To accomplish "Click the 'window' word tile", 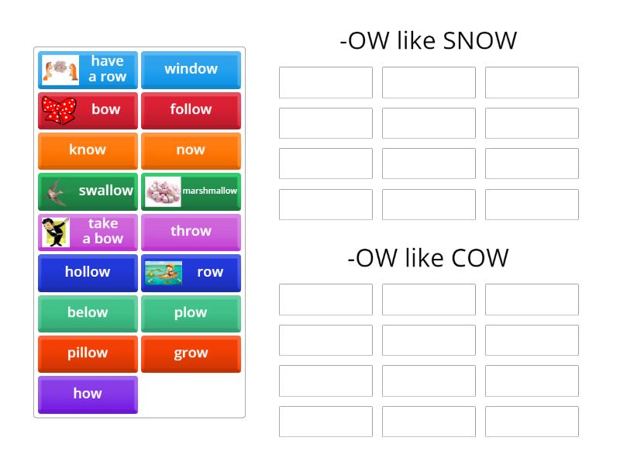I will pos(191,69).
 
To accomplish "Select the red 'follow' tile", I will pos(191,109).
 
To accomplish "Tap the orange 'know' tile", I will pos(88,150).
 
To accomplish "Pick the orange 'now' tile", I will pos(191,150).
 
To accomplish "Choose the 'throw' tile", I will pos(191,231).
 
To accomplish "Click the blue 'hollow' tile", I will pos(88,272).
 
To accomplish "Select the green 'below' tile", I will pos(88,312).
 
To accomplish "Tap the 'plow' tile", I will pos(191,312).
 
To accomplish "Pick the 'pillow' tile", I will pos(88,353).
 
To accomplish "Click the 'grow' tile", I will pos(191,353).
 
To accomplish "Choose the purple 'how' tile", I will pos(88,394).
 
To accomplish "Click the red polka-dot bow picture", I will pos(59,110).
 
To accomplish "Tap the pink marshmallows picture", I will pos(163,191).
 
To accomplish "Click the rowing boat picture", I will pos(163,272).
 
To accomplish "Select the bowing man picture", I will pos(56,232).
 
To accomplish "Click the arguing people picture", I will pos(60,70).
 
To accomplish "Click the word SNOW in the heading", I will pos(479,40).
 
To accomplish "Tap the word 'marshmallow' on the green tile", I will pos(209,191).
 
